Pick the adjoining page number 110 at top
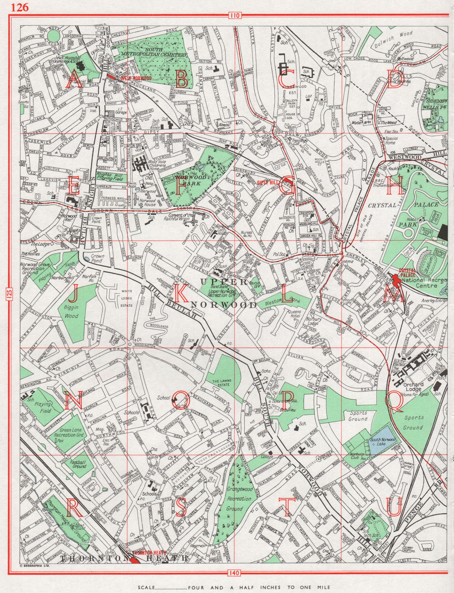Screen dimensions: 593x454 (x=234, y=16)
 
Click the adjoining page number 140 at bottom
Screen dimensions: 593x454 (x=234, y=573)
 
